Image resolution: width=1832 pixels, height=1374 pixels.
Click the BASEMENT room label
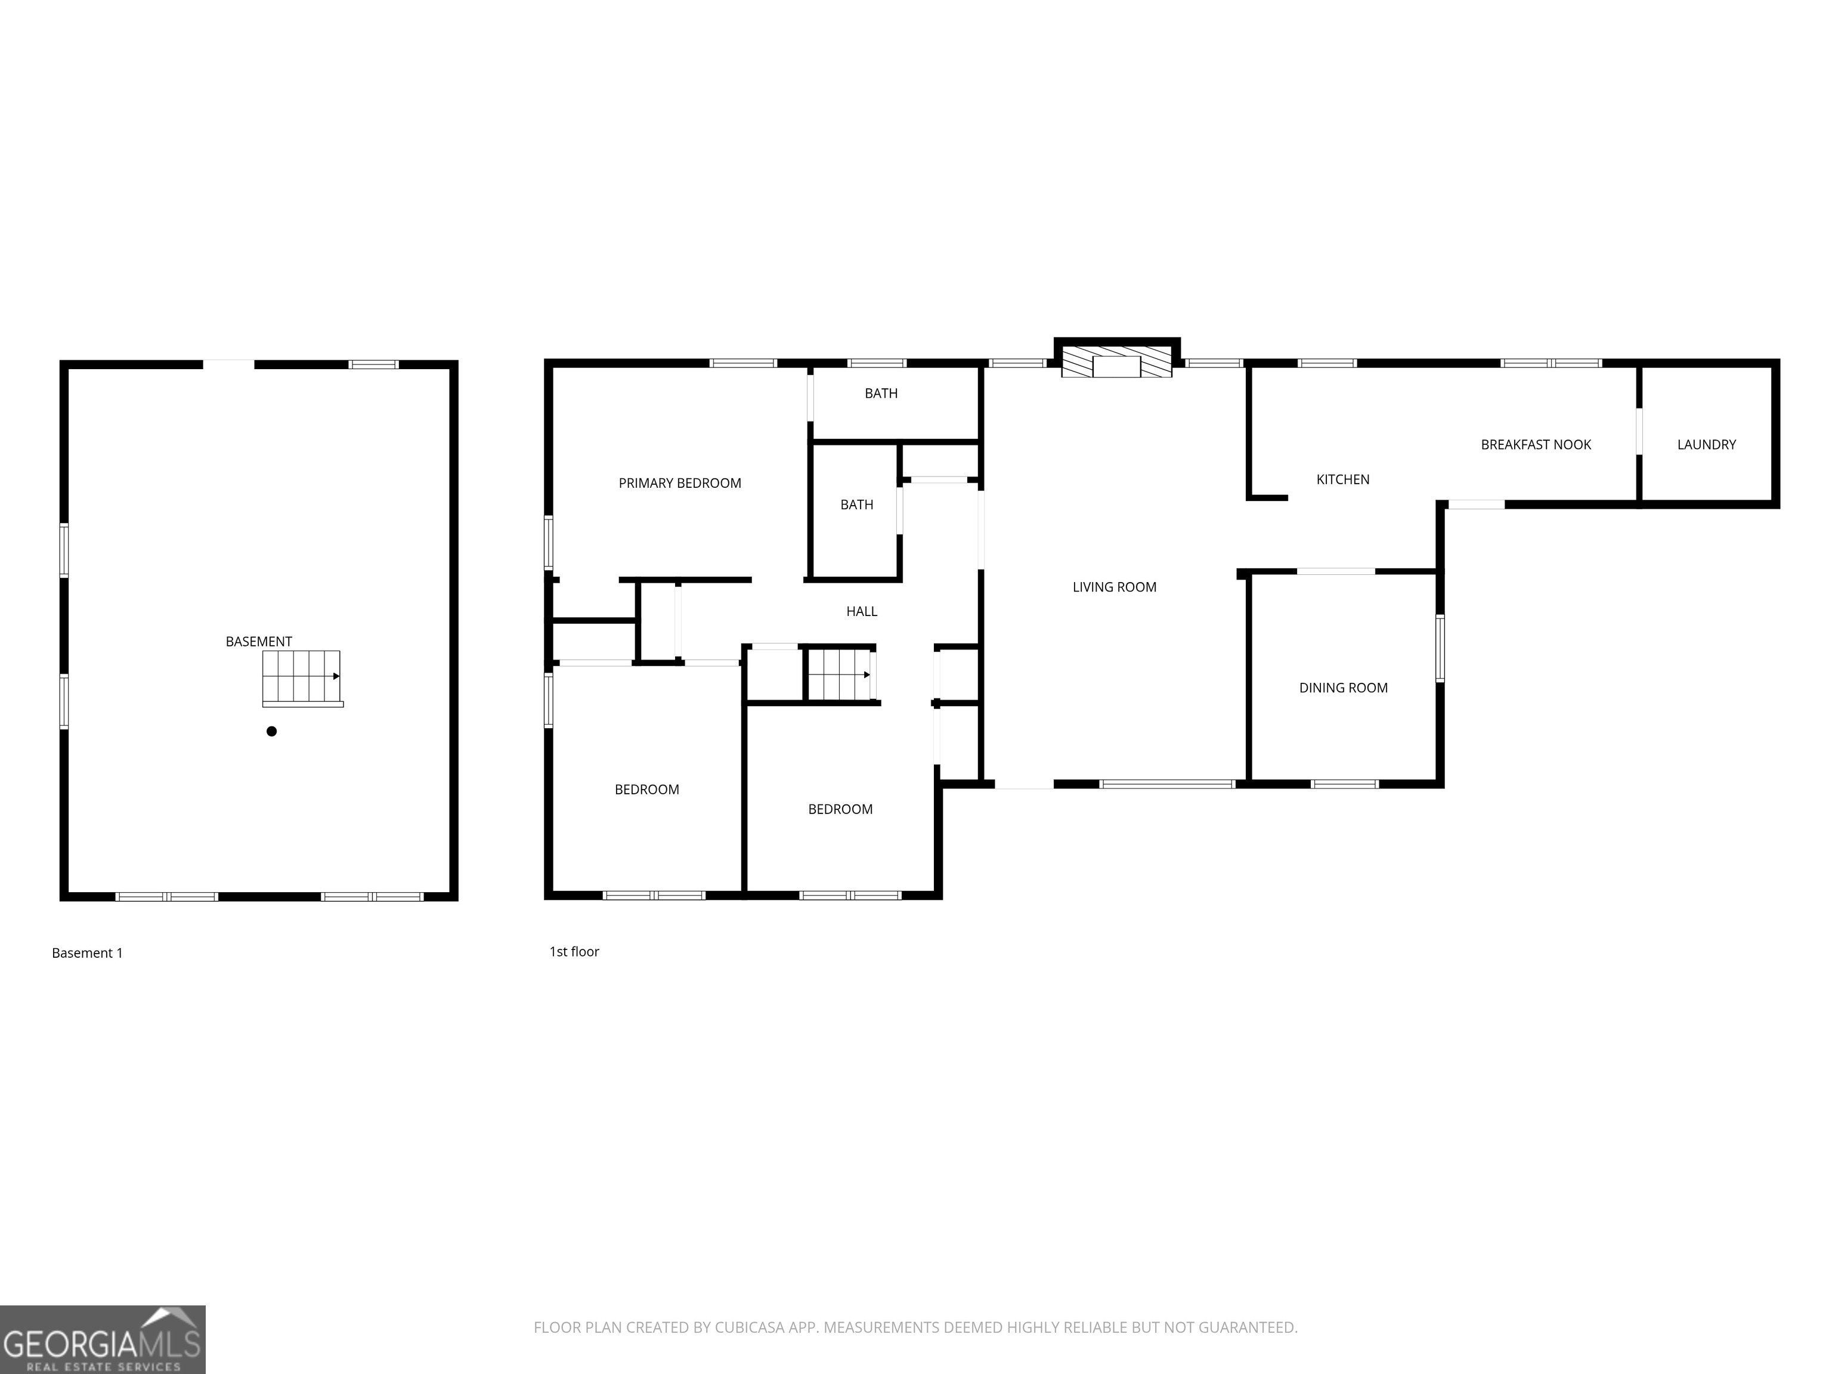[x=258, y=641]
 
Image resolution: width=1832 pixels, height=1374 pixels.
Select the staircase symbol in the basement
[x=302, y=677]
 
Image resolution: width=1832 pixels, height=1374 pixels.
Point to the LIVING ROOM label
[x=1114, y=587]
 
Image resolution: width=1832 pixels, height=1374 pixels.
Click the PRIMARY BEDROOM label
[x=679, y=483]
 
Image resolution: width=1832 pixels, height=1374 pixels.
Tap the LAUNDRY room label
[x=1706, y=445]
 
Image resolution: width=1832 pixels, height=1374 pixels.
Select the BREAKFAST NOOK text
[x=1536, y=445]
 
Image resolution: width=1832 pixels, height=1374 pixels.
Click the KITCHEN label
[x=1342, y=479]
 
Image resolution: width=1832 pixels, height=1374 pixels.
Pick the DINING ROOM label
[x=1342, y=688]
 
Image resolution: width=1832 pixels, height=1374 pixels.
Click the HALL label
[x=861, y=611]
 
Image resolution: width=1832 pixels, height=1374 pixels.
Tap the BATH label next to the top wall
[x=880, y=394]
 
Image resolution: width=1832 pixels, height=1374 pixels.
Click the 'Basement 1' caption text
[x=87, y=953]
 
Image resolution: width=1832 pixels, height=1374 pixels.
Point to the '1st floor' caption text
[x=574, y=952]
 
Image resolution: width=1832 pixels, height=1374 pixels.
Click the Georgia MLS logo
[x=102, y=1339]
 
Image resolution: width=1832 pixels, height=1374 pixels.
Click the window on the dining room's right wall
[x=1440, y=648]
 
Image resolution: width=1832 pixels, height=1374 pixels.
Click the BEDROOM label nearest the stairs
[x=840, y=809]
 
